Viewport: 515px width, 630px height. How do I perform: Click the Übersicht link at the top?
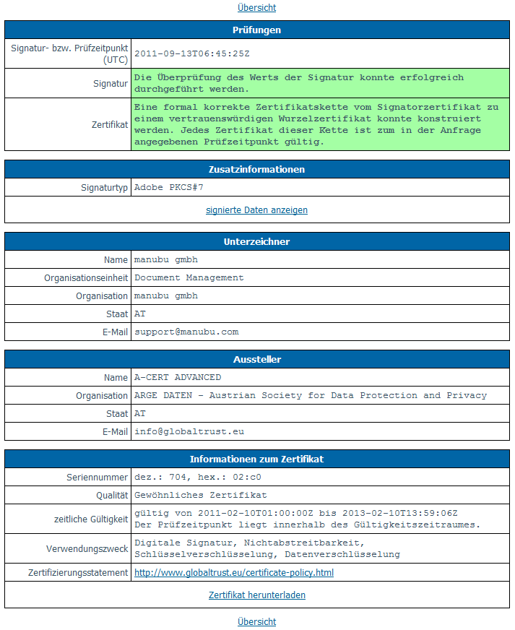point(256,8)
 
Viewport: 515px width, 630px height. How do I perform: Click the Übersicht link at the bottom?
point(256,621)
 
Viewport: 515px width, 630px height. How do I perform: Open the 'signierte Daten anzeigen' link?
point(256,210)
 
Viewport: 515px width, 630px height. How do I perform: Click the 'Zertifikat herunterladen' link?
point(256,595)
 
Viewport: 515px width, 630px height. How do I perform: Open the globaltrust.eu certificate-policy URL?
point(234,573)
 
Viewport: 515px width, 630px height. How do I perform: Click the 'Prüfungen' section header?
point(256,30)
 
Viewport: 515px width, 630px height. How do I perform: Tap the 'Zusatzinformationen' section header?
point(256,169)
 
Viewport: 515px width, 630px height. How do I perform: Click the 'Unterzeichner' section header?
point(256,241)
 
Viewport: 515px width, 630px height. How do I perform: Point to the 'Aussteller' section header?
point(256,359)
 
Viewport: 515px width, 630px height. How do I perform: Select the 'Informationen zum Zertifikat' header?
point(256,459)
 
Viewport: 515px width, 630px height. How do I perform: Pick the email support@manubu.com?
point(186,332)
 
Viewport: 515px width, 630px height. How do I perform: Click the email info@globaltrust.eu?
point(189,431)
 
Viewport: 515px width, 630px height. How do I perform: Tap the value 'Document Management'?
point(189,277)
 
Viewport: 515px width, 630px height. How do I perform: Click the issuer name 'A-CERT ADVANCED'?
point(178,377)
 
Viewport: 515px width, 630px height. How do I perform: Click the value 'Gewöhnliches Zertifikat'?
point(201,495)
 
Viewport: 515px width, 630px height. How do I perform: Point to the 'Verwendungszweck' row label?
point(87,549)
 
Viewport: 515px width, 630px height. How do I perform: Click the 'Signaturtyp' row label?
point(104,188)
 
